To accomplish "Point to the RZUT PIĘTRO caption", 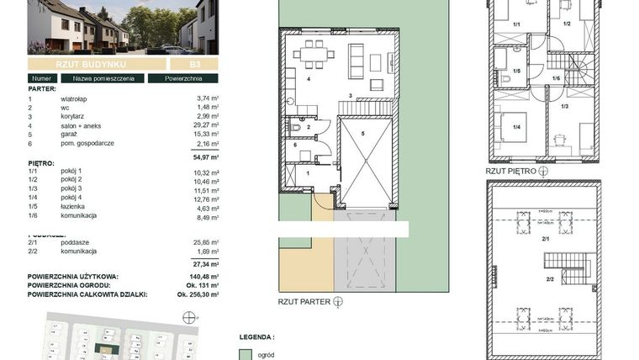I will [509, 169].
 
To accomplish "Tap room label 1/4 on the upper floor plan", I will [515, 128].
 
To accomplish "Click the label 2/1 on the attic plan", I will [546, 240].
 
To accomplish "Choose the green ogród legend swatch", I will [246, 354].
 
